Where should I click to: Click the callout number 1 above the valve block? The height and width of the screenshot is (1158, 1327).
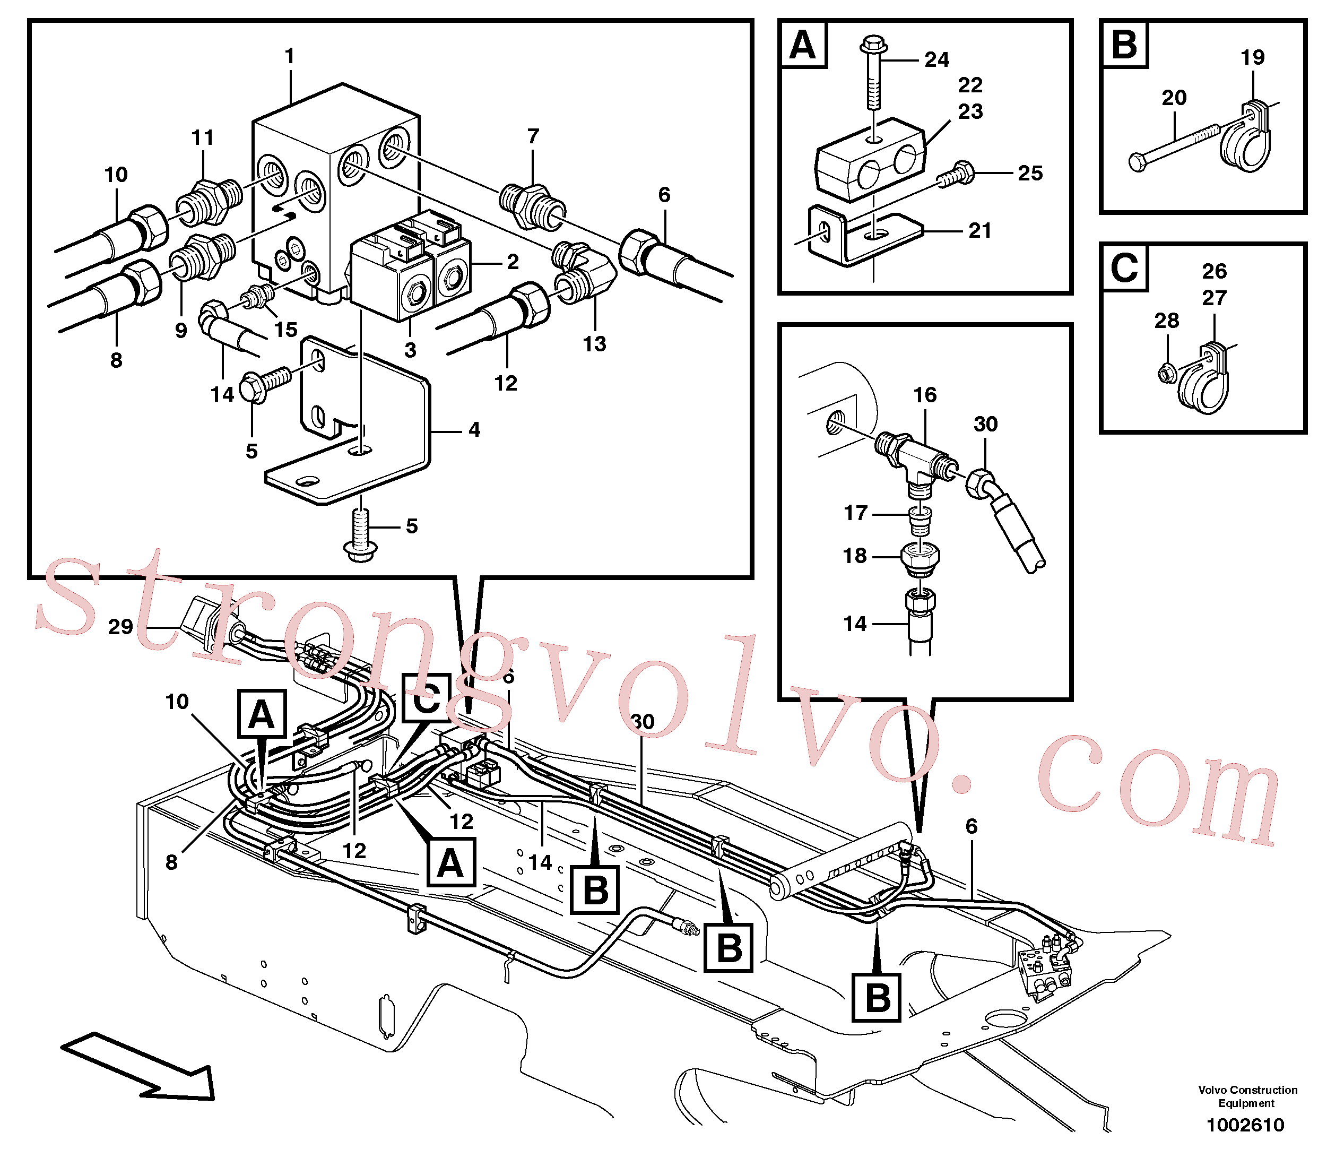[289, 56]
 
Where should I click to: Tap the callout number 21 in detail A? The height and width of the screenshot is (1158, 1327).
[979, 231]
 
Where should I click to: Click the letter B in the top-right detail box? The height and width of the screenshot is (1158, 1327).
[1125, 45]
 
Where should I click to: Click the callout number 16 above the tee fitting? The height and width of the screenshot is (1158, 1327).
[924, 395]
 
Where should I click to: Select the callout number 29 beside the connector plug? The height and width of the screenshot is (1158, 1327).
[120, 627]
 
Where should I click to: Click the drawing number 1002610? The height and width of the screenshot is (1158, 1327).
[1246, 1125]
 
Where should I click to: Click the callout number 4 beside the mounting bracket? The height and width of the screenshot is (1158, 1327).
[474, 430]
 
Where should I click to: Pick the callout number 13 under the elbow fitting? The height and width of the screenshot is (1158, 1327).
[594, 344]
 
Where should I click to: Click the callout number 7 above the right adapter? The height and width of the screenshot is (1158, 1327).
[533, 136]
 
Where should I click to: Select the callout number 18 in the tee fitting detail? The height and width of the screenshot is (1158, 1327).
[855, 556]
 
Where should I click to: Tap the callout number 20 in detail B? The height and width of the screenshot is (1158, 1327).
[1174, 98]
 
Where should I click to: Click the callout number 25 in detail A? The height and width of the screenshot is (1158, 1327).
[1030, 173]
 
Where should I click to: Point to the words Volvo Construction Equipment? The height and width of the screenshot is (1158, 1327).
[1247, 1096]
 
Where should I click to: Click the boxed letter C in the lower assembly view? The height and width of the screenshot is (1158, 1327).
[427, 698]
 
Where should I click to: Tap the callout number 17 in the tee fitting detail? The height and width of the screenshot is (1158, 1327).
[855, 513]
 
